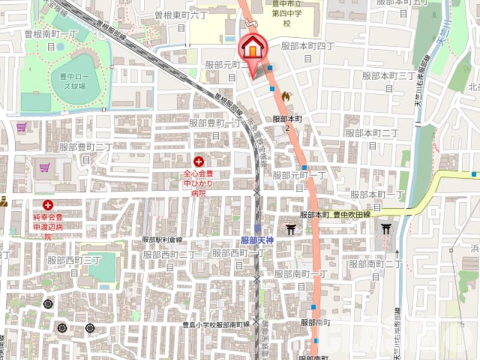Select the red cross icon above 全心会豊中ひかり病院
click(x=198, y=161)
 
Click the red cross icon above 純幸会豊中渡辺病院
click(x=48, y=205)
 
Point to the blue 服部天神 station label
click(x=257, y=240)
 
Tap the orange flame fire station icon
click(x=285, y=95)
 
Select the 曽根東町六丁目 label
click(x=181, y=20)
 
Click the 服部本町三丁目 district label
click(x=389, y=80)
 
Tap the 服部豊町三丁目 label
click(x=86, y=152)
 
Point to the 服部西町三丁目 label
click(x=74, y=265)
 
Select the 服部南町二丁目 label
click(x=376, y=268)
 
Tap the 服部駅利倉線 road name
click(x=162, y=239)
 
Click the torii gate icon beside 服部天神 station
click(x=291, y=229)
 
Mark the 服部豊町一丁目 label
click(x=215, y=128)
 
